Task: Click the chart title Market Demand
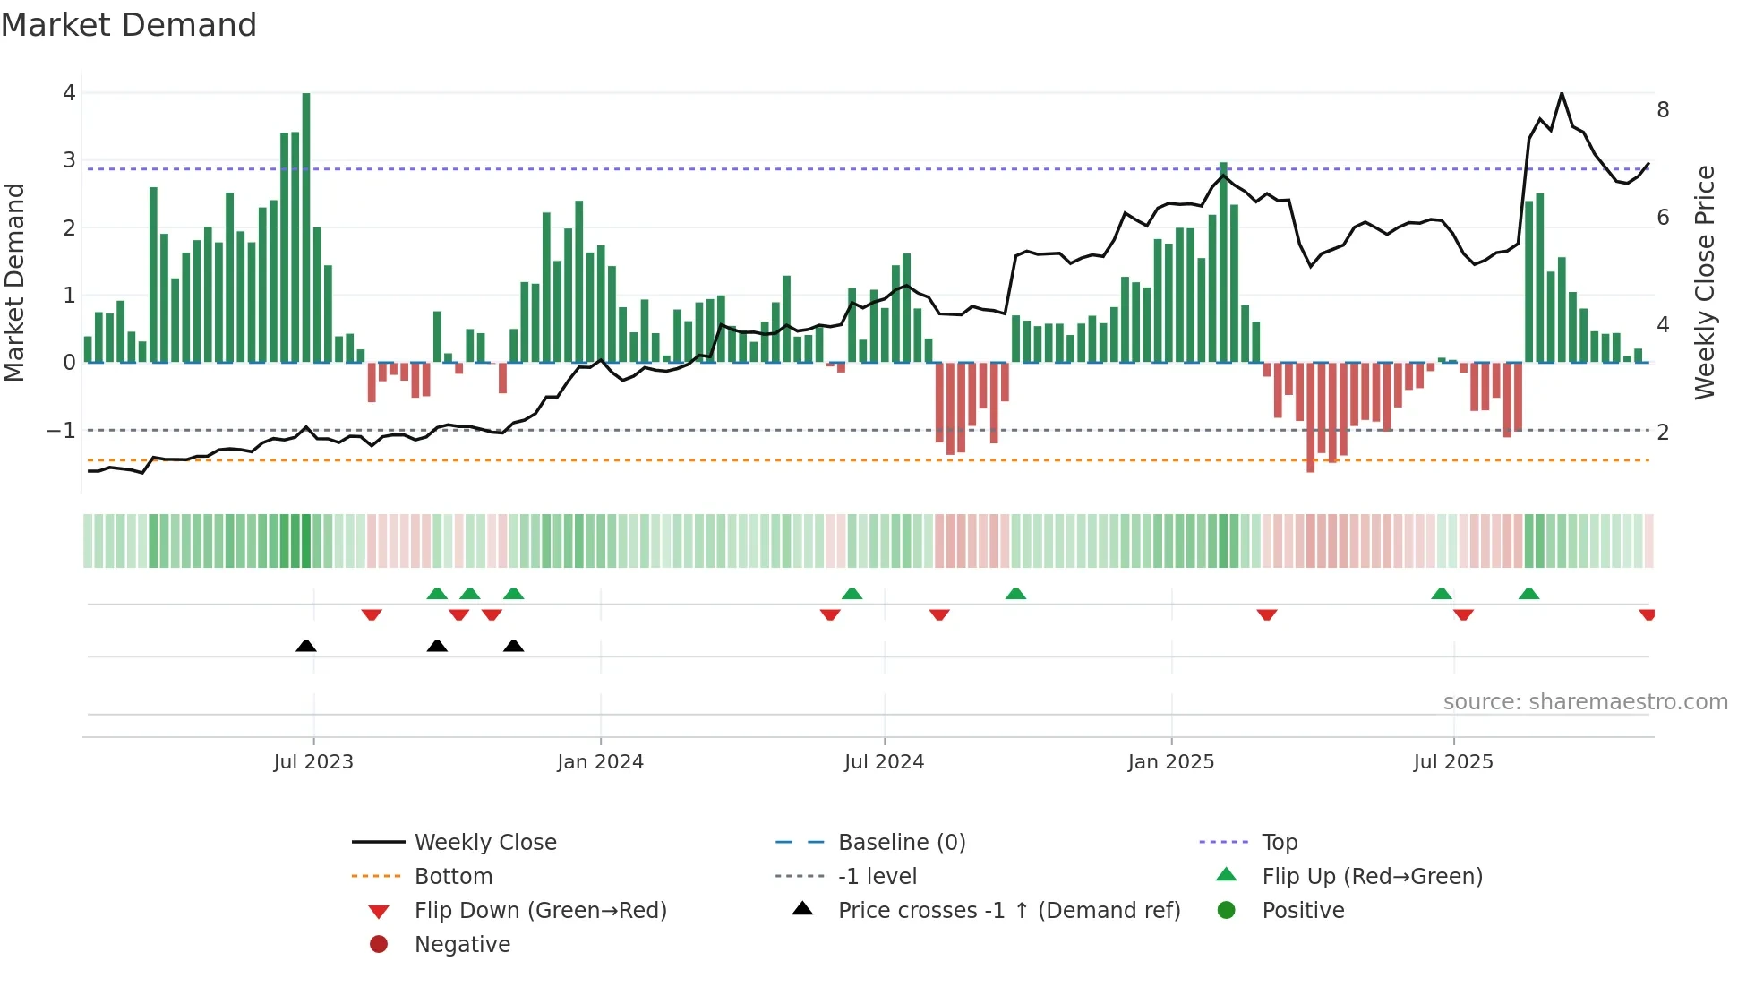[129, 25]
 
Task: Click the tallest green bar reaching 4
[306, 224]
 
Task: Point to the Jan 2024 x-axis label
[600, 762]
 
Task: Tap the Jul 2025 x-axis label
[1453, 762]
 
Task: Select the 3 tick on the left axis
[69, 160]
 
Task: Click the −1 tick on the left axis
[61, 431]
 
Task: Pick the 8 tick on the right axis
[1663, 110]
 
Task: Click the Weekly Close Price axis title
[1705, 282]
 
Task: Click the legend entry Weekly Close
[484, 843]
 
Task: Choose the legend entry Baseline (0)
[901, 843]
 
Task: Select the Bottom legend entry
[453, 877]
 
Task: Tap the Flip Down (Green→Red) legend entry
[540, 911]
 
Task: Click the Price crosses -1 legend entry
[1008, 911]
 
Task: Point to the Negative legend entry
[462, 945]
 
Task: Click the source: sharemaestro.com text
[1585, 702]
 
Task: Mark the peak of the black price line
[1562, 93]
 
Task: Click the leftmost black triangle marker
[306, 646]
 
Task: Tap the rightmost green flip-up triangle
[1529, 594]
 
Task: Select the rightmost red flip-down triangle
[1647, 614]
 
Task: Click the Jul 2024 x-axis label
[884, 762]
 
